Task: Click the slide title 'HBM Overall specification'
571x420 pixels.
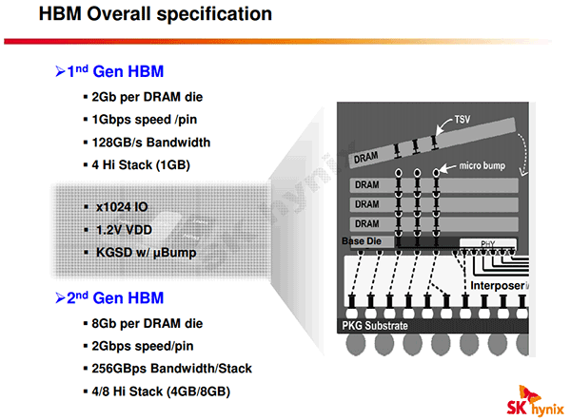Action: click(x=155, y=14)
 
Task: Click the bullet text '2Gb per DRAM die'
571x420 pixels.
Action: click(x=148, y=97)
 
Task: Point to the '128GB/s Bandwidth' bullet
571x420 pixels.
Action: click(x=151, y=143)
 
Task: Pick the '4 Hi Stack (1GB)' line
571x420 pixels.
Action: click(x=141, y=165)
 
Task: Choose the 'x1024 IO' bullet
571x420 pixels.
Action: click(x=122, y=207)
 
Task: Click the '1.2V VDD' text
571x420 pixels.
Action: click(x=124, y=230)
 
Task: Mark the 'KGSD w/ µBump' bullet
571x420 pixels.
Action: click(x=146, y=253)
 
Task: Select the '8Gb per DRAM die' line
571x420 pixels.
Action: click(x=148, y=324)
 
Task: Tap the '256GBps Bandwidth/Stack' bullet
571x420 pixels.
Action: click(x=172, y=369)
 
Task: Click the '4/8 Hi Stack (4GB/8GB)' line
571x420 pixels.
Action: click(x=161, y=391)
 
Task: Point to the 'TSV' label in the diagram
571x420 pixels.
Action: click(x=463, y=120)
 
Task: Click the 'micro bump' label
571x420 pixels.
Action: click(x=482, y=166)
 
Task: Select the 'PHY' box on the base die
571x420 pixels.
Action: click(x=488, y=243)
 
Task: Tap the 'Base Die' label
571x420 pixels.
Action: click(x=362, y=241)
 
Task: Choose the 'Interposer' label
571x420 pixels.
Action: click(x=498, y=286)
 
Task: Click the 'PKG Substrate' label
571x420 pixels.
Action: click(x=375, y=326)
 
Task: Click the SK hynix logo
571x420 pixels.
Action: click(x=535, y=401)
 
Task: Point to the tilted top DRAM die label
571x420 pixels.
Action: click(x=365, y=158)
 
